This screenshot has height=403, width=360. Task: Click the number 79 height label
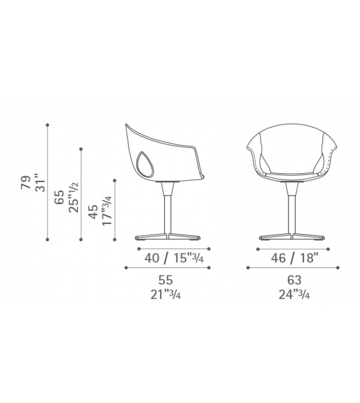click(x=26, y=183)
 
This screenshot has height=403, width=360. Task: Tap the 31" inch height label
click(x=40, y=183)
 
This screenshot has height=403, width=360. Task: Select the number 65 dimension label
click(x=60, y=197)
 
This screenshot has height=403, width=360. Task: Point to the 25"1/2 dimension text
click(x=74, y=197)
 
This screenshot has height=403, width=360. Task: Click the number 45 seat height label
click(x=93, y=212)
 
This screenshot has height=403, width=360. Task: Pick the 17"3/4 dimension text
click(x=107, y=211)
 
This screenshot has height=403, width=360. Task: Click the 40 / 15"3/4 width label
click(x=174, y=258)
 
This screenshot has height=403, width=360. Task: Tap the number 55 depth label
click(x=166, y=280)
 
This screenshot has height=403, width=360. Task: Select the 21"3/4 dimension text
click(x=166, y=294)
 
